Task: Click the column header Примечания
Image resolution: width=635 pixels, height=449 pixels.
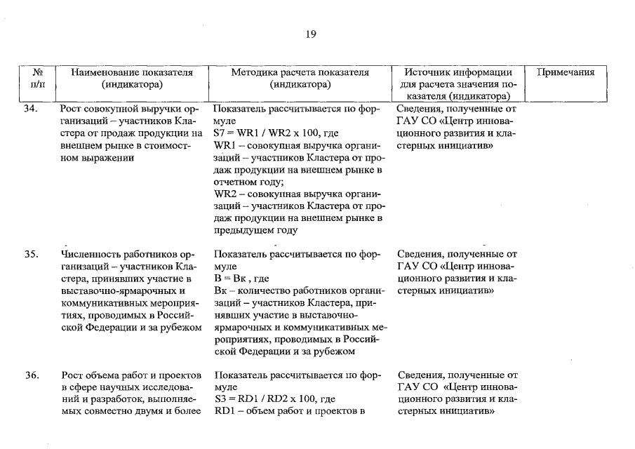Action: (566, 72)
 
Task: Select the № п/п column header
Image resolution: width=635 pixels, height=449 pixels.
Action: (39, 78)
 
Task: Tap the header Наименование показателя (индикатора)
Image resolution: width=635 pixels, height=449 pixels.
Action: (133, 78)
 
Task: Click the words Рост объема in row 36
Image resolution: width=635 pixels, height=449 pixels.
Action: (91, 375)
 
